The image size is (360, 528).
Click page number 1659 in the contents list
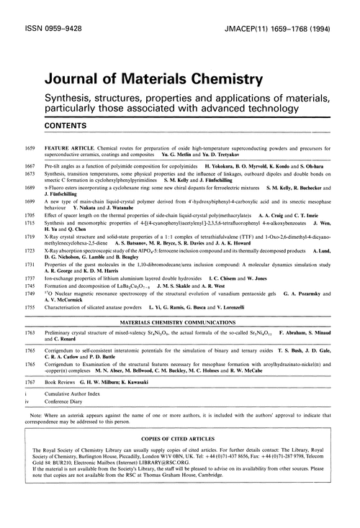pyautogui.click(x=30, y=147)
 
